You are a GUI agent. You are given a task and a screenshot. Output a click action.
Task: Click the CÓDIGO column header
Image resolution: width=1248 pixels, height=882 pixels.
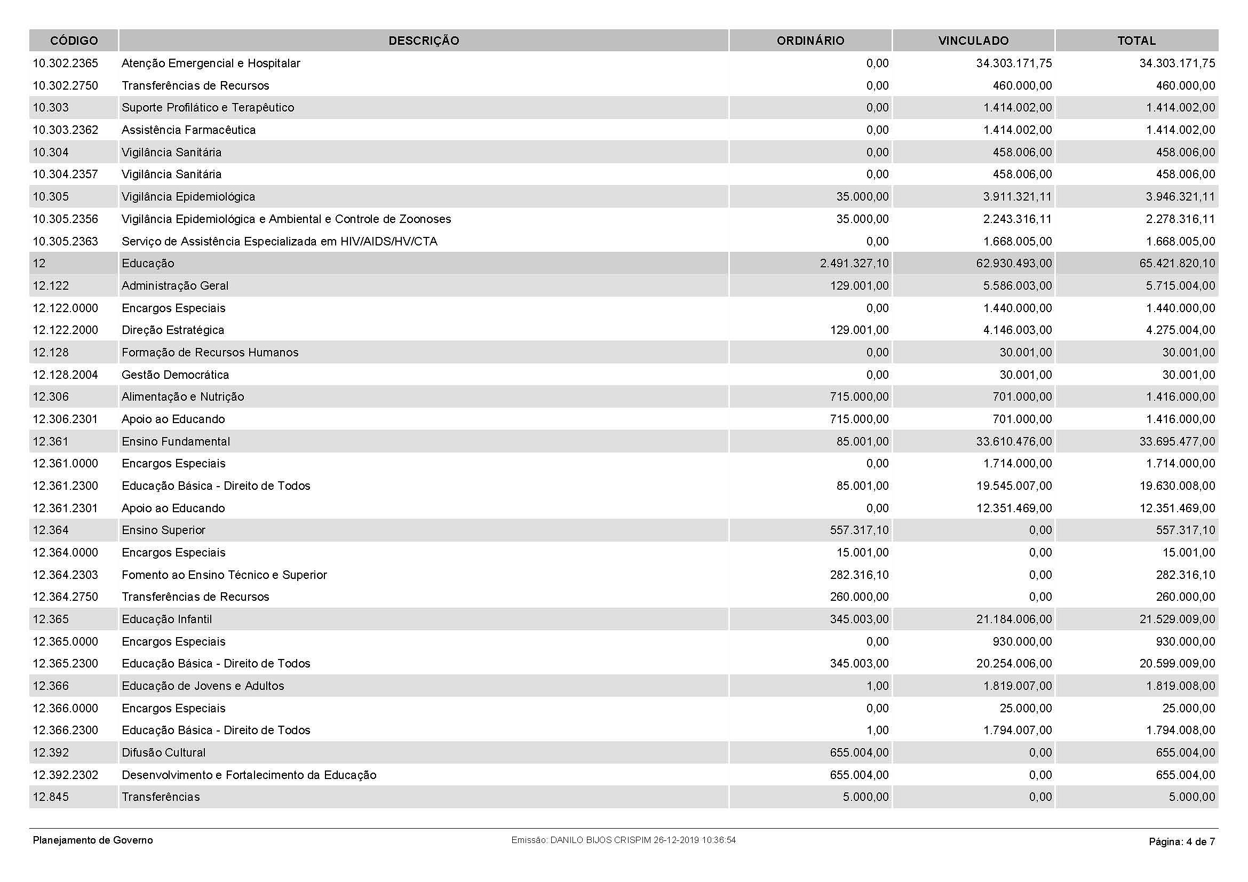[74, 41]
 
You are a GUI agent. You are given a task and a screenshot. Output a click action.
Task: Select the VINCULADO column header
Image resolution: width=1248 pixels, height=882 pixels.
[973, 41]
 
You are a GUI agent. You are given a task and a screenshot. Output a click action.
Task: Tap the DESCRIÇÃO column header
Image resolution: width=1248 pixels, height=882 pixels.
[424, 41]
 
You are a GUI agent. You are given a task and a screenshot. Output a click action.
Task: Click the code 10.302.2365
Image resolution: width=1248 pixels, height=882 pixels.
[65, 63]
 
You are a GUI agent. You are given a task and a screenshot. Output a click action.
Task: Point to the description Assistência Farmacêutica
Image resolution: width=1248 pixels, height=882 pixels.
[188, 130]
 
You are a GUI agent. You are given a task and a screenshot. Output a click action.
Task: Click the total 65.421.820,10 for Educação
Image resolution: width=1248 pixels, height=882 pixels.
[1177, 264]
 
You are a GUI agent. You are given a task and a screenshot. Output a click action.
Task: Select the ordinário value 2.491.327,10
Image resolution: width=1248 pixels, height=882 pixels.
[854, 264]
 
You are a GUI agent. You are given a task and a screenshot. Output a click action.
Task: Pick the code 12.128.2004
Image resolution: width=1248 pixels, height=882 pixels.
[65, 375]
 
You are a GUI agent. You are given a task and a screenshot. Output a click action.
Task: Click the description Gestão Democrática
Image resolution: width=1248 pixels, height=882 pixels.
[175, 375]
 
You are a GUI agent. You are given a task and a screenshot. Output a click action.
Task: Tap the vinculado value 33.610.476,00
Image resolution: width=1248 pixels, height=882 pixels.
[1014, 441]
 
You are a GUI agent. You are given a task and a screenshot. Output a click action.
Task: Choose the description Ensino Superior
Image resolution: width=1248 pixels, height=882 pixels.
[164, 530]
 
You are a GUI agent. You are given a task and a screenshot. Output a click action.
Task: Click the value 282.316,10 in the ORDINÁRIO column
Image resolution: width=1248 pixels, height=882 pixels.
[859, 575]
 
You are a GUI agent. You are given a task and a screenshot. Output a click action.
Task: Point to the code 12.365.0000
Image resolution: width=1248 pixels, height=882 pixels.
[65, 642]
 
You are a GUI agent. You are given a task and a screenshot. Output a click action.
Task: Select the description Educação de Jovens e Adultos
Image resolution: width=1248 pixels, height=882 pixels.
[203, 686]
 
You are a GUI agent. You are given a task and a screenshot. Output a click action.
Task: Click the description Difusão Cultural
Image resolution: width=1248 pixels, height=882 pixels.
[164, 753]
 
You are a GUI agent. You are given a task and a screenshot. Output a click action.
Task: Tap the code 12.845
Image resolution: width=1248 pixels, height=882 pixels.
[51, 797]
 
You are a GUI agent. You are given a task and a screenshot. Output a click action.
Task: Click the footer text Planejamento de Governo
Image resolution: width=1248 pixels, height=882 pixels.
[93, 840]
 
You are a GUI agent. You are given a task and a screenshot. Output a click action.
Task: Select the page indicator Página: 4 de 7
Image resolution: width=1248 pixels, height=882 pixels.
[1182, 842]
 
